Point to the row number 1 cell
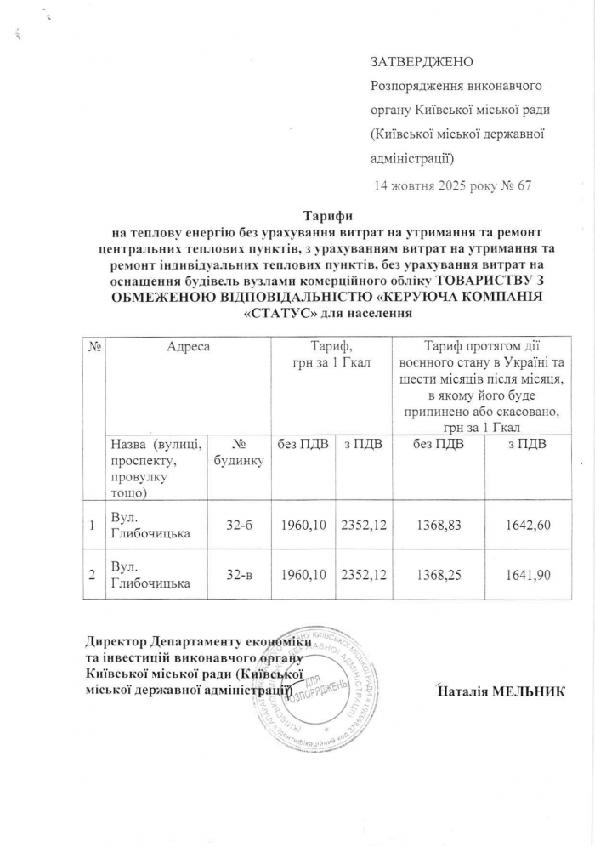pos(90,526)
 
